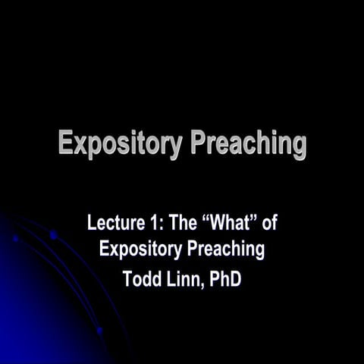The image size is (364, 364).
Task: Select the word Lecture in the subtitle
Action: point(115,224)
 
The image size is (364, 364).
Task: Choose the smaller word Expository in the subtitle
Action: point(142,249)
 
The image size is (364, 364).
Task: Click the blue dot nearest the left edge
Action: point(15,238)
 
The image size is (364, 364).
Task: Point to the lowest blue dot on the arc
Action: point(99,331)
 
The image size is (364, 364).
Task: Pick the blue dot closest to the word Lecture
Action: point(53,235)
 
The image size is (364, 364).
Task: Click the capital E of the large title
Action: point(67,143)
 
